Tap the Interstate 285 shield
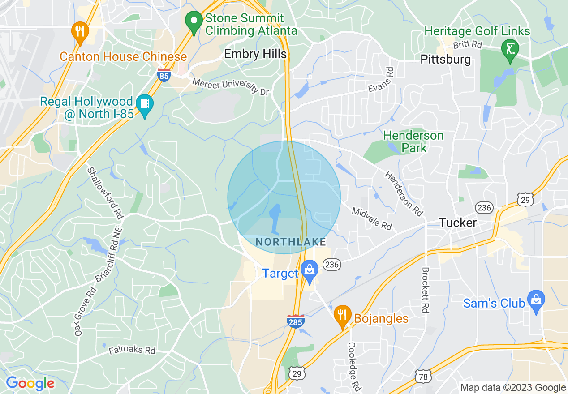coord(296,321)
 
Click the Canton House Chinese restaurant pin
coord(80,33)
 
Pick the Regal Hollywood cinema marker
coord(145,105)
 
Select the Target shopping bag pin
coord(309,271)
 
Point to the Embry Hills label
coord(255,54)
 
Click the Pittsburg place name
coord(446,59)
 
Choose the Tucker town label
coord(458,223)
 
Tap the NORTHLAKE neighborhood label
coord(290,242)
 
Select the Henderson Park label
coord(413,141)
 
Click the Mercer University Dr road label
coord(231,86)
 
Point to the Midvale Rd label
coord(372,218)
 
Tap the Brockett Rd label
coord(426,290)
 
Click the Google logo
coord(30,383)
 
